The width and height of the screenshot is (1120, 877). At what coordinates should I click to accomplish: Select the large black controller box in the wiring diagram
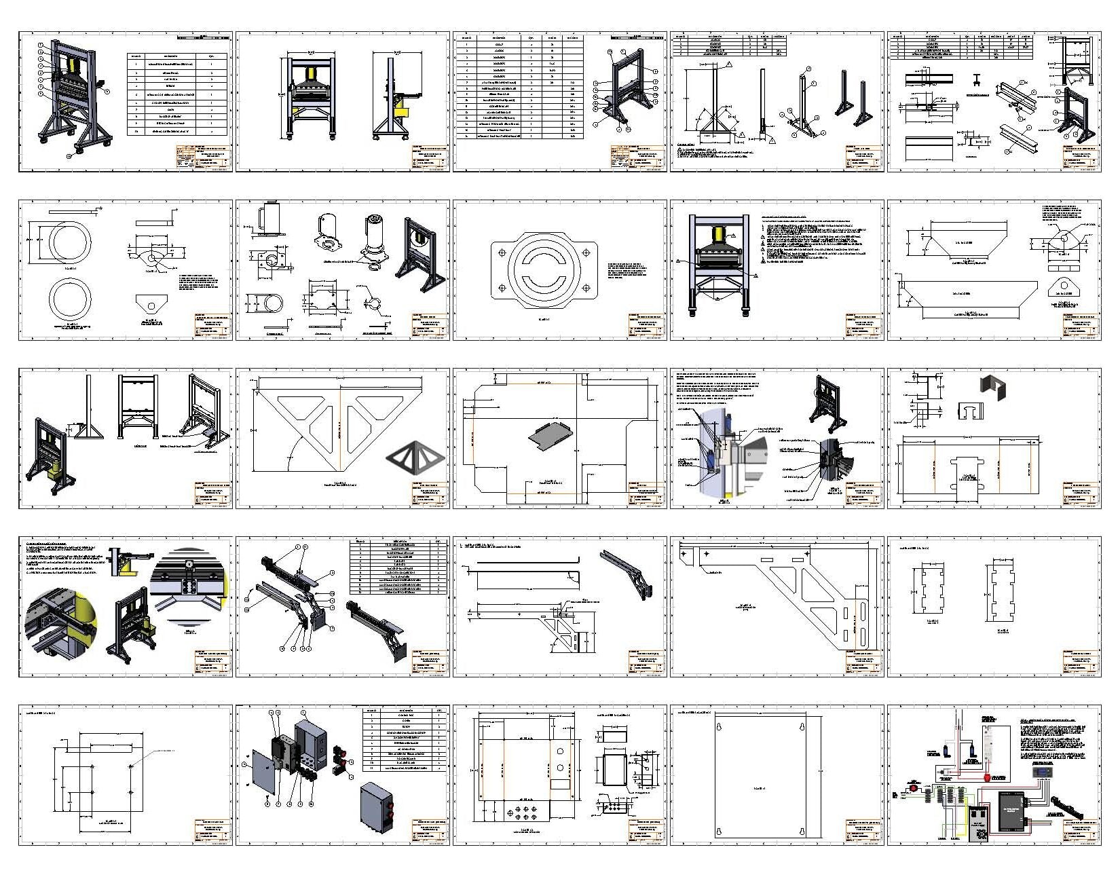point(1015,812)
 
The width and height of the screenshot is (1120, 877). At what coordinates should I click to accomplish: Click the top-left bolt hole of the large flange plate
point(502,253)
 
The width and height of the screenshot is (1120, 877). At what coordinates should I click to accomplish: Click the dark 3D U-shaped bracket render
point(992,388)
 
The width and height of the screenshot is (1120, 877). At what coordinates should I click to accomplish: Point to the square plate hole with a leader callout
point(131,765)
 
